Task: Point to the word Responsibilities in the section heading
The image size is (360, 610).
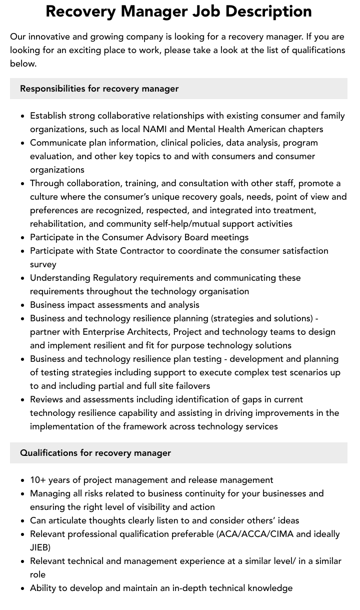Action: [x=52, y=89]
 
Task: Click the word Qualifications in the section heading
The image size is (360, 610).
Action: [x=49, y=453]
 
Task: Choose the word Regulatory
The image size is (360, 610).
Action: [x=116, y=278]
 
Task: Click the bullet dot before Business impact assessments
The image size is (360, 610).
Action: [x=23, y=305]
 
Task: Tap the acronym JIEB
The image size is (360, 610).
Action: [x=40, y=547]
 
